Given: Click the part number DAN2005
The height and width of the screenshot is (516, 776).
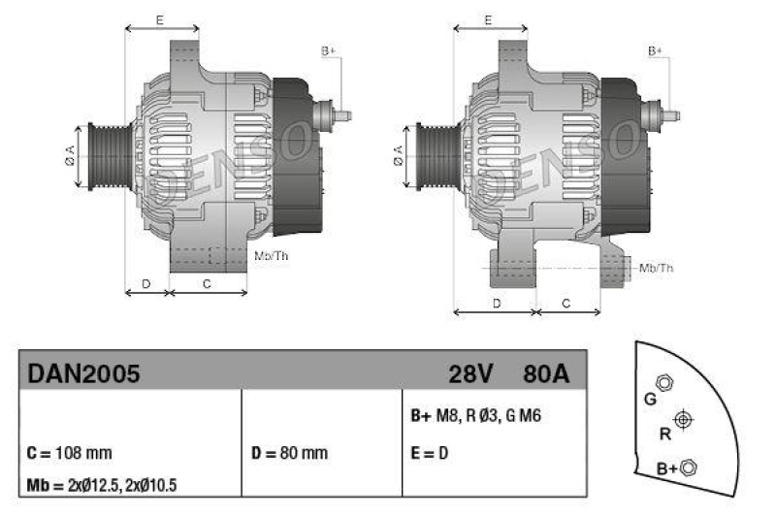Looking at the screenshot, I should pos(84,372).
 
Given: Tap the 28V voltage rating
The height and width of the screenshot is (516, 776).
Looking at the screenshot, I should pos(471,372).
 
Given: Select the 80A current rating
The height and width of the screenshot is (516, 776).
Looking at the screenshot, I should pos(545,372).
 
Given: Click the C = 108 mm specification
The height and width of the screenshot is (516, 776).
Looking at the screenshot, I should pos(70,453).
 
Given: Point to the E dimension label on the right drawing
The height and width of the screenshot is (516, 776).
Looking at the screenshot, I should pos(489,19).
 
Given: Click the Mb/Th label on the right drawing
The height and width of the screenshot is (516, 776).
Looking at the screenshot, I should pos(656,268).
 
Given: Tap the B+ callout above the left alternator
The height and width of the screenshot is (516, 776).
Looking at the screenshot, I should pos(328,50).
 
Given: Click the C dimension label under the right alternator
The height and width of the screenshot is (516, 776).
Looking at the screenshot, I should pos(567,304).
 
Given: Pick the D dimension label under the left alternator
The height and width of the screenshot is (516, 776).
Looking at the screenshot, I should pos(145,283).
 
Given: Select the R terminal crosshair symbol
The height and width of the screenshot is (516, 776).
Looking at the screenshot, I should pos(684,418).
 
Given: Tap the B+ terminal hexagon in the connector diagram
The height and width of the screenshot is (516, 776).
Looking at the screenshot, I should pos(689,468).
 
